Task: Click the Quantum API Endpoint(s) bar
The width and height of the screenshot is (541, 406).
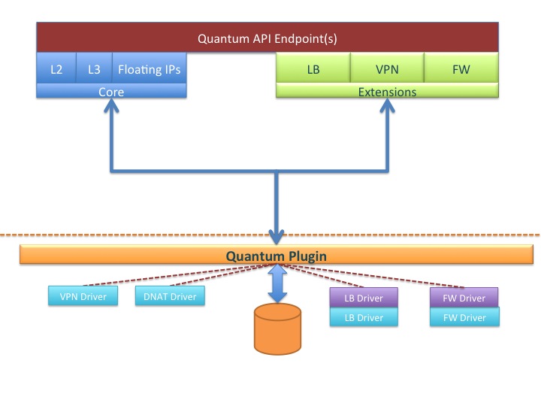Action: [267, 37]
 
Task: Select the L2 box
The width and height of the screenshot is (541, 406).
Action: [56, 69]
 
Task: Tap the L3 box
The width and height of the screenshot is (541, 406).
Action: [94, 69]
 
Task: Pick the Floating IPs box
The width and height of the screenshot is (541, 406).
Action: [149, 69]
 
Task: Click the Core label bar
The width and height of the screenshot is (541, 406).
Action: [111, 92]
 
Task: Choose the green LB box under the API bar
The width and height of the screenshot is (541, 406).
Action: [313, 69]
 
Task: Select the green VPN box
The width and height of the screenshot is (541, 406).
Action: [387, 69]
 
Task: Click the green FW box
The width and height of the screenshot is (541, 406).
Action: [461, 69]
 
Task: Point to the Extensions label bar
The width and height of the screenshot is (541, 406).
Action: [387, 92]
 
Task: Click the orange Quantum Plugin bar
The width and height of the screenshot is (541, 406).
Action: [278, 256]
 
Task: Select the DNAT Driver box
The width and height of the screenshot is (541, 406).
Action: [169, 296]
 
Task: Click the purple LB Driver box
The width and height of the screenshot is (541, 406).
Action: [364, 298]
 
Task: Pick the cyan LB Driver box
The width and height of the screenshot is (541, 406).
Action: [364, 317]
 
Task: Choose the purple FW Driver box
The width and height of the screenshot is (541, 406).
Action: [464, 298]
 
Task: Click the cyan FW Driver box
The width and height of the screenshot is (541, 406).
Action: [464, 317]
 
